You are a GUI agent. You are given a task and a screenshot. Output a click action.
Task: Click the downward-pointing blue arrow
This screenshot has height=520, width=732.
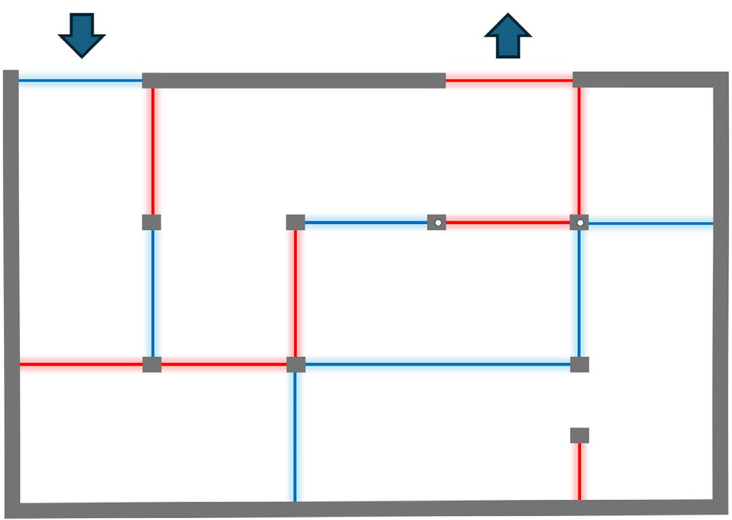click(81, 34)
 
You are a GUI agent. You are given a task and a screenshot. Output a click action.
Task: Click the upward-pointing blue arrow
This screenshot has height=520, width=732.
click(508, 37)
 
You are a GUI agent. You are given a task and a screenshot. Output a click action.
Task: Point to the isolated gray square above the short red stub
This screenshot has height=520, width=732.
click(579, 435)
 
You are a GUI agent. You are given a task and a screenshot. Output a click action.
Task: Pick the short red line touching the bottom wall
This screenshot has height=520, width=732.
click(579, 471)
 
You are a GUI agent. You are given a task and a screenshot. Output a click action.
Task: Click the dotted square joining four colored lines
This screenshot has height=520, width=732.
click(579, 223)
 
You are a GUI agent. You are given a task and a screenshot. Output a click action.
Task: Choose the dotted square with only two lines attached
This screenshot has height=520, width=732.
click(437, 223)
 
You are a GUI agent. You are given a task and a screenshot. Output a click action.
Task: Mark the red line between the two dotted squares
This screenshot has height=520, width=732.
click(508, 223)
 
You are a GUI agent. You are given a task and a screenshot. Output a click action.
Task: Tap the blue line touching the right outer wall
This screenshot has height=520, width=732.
click(651, 224)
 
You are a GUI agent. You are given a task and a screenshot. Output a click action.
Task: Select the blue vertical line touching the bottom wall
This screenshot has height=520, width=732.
click(295, 435)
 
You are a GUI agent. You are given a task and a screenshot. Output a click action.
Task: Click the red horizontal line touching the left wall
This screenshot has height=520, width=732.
click(81, 365)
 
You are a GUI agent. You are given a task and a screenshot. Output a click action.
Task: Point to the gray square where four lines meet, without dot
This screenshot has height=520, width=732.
click(295, 365)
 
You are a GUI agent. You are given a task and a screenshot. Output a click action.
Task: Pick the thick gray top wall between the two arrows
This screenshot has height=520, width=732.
click(293, 81)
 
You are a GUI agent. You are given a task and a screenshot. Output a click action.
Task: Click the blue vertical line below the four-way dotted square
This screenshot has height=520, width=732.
click(579, 292)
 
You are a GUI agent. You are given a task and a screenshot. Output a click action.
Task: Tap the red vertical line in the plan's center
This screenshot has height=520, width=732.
click(295, 292)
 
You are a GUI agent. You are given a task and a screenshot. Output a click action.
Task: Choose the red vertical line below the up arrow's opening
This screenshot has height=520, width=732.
click(579, 149)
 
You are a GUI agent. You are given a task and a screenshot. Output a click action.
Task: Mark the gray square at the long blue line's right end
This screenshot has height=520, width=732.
click(579, 365)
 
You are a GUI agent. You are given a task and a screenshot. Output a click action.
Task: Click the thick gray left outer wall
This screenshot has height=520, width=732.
click(10, 286)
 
